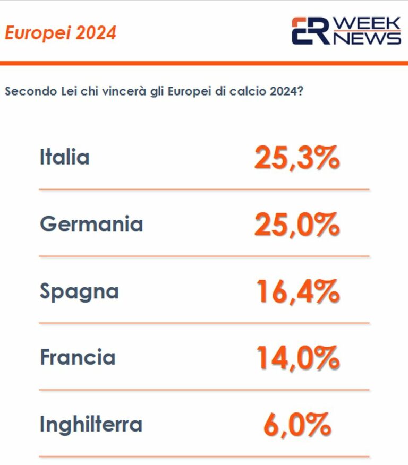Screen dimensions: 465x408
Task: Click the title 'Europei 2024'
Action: pos(60,33)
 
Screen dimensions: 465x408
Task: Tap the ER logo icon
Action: pos(310,31)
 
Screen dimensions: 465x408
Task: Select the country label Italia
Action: pos(64,157)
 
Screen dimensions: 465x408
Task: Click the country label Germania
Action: pos(91,224)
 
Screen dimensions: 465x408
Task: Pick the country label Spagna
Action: pos(79,291)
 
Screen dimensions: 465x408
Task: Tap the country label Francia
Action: pos(78,357)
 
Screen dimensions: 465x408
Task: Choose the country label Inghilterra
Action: pos(91,424)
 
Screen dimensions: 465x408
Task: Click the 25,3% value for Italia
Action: pos(296,158)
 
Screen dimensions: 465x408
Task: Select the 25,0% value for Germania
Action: pos(296,225)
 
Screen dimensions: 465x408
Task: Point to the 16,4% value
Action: pos(297,291)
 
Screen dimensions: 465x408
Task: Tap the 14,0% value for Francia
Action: pos(297,358)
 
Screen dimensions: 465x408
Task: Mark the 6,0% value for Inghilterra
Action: pos(297,424)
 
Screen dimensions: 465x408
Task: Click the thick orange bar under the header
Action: pos(204,63)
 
